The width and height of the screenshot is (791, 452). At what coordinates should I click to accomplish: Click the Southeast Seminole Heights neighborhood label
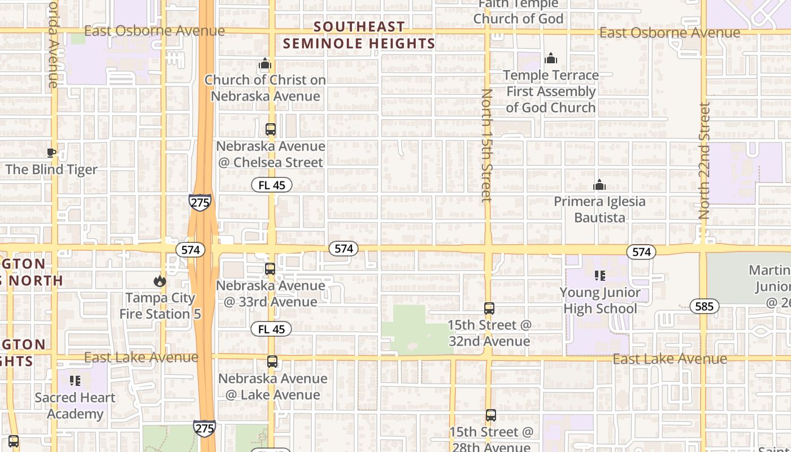(359, 35)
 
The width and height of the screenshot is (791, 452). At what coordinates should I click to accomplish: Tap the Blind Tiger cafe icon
(51, 153)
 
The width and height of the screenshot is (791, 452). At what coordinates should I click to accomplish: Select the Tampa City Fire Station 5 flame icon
(160, 281)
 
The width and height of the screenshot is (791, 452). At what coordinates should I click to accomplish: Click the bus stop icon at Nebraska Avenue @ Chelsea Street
(271, 129)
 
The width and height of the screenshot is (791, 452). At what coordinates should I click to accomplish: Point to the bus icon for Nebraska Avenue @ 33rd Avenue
(270, 269)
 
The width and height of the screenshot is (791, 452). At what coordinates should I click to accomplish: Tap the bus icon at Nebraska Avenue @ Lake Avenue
(272, 362)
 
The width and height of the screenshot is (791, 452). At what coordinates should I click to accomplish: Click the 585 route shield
(704, 307)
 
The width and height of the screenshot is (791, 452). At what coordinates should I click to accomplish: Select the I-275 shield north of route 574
(200, 202)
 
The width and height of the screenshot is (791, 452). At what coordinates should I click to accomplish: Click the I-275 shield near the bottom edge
(204, 428)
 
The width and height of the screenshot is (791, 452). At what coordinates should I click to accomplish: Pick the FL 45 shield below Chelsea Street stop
(272, 185)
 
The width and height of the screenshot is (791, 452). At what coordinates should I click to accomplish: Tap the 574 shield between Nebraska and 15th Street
(344, 249)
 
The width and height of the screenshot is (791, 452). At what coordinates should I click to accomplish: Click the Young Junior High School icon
(599, 276)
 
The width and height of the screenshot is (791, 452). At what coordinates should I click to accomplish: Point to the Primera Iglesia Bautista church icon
(599, 185)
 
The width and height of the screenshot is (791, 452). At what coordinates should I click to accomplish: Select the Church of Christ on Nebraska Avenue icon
(265, 64)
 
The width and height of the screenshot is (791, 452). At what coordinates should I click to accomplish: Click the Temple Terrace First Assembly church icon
(550, 58)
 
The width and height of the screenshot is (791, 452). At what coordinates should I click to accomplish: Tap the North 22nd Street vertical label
(704, 161)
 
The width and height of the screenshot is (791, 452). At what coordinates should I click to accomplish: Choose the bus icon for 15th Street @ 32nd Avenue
(489, 308)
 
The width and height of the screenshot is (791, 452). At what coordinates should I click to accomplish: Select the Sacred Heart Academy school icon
(75, 381)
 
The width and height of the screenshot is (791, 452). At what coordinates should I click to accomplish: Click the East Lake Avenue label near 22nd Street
(670, 359)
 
